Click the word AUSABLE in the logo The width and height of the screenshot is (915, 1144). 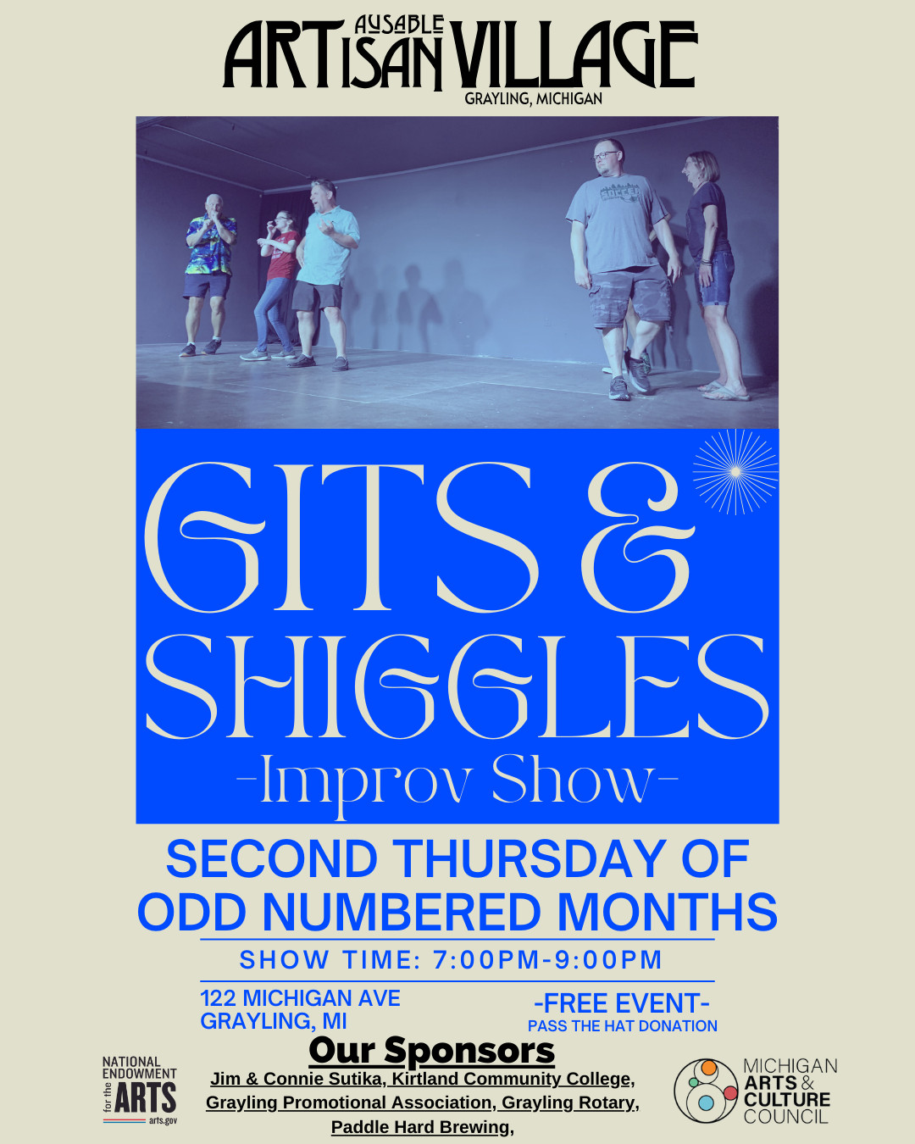pos(399,25)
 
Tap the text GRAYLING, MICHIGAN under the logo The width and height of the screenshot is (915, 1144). pos(533,99)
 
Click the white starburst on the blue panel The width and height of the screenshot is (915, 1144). pos(735,471)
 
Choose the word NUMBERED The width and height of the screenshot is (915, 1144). pos(402,912)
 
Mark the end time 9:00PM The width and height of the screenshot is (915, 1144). pos(608,959)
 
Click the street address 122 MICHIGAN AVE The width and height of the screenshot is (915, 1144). pos(301,998)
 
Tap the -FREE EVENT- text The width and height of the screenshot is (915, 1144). pos(622,1003)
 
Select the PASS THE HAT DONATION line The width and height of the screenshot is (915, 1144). pos(623,1026)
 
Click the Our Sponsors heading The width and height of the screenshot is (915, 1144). pos(432,1050)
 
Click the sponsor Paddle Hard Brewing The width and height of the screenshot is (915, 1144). pos(420,1127)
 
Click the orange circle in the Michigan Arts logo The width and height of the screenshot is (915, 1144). pos(709,1067)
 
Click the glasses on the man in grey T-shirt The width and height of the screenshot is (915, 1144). pos(606,156)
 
